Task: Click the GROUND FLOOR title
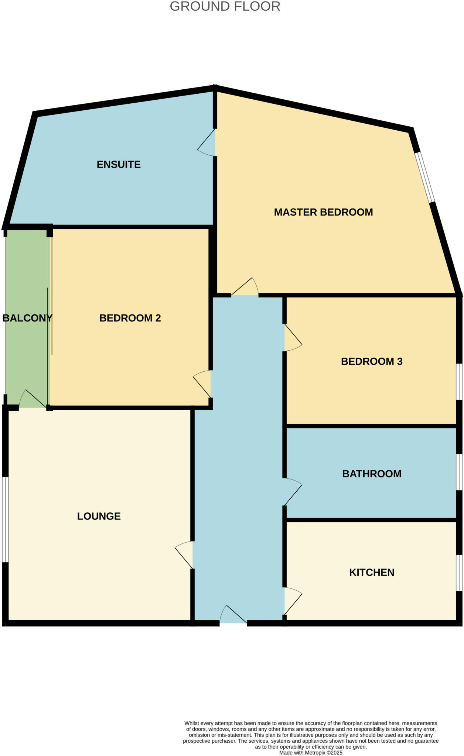(x=225, y=7)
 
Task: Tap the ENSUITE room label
(x=119, y=164)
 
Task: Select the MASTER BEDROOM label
(x=323, y=212)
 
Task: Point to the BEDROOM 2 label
(x=130, y=318)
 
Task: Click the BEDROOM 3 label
(x=372, y=361)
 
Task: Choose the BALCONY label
(x=27, y=318)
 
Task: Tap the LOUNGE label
(x=99, y=516)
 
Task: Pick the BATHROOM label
(x=372, y=474)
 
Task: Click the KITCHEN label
(x=372, y=572)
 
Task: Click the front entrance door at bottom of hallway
(x=233, y=616)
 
